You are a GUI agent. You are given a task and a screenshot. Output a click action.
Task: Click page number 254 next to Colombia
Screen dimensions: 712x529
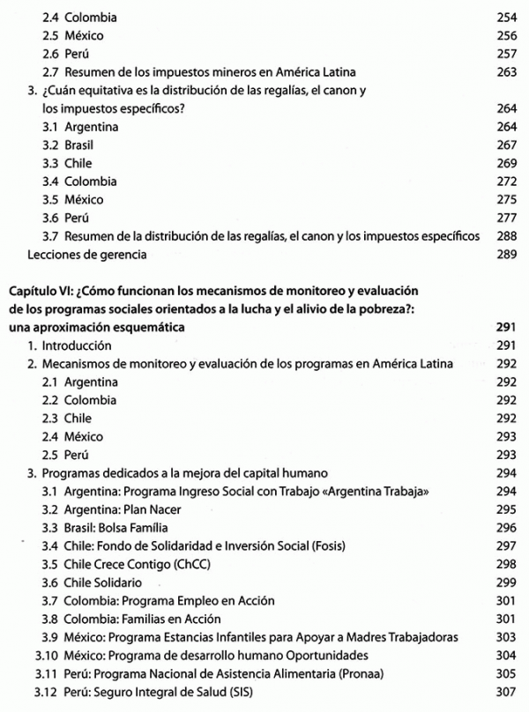[505, 17]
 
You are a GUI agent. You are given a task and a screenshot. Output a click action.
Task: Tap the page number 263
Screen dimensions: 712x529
[505, 72]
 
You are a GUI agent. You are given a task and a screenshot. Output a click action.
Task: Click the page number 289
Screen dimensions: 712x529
[505, 256]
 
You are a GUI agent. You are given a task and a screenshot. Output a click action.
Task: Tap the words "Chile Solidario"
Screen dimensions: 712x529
[104, 582]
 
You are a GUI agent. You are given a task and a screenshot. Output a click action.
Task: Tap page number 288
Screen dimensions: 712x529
[505, 237]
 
